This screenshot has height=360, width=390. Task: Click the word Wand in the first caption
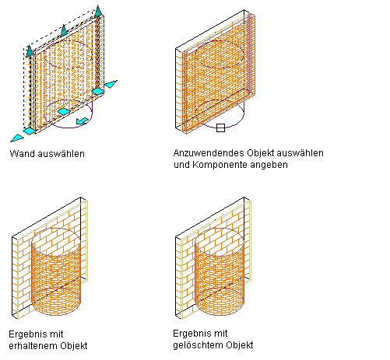click(23, 154)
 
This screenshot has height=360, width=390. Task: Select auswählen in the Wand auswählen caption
click(61, 154)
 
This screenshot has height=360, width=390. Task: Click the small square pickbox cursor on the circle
click(220, 128)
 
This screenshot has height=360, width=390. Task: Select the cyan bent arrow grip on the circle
click(83, 121)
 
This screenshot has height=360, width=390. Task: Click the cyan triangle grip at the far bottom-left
click(17, 138)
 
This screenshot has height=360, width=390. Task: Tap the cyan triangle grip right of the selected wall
click(111, 84)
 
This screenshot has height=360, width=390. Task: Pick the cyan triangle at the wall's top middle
click(64, 30)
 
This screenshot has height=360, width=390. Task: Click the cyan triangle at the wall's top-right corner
click(98, 11)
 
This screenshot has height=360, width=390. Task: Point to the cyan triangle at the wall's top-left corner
click(30, 51)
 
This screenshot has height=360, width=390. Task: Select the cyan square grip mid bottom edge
click(64, 112)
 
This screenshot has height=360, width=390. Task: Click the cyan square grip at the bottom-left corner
click(30, 131)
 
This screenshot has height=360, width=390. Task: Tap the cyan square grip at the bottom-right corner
click(98, 92)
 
